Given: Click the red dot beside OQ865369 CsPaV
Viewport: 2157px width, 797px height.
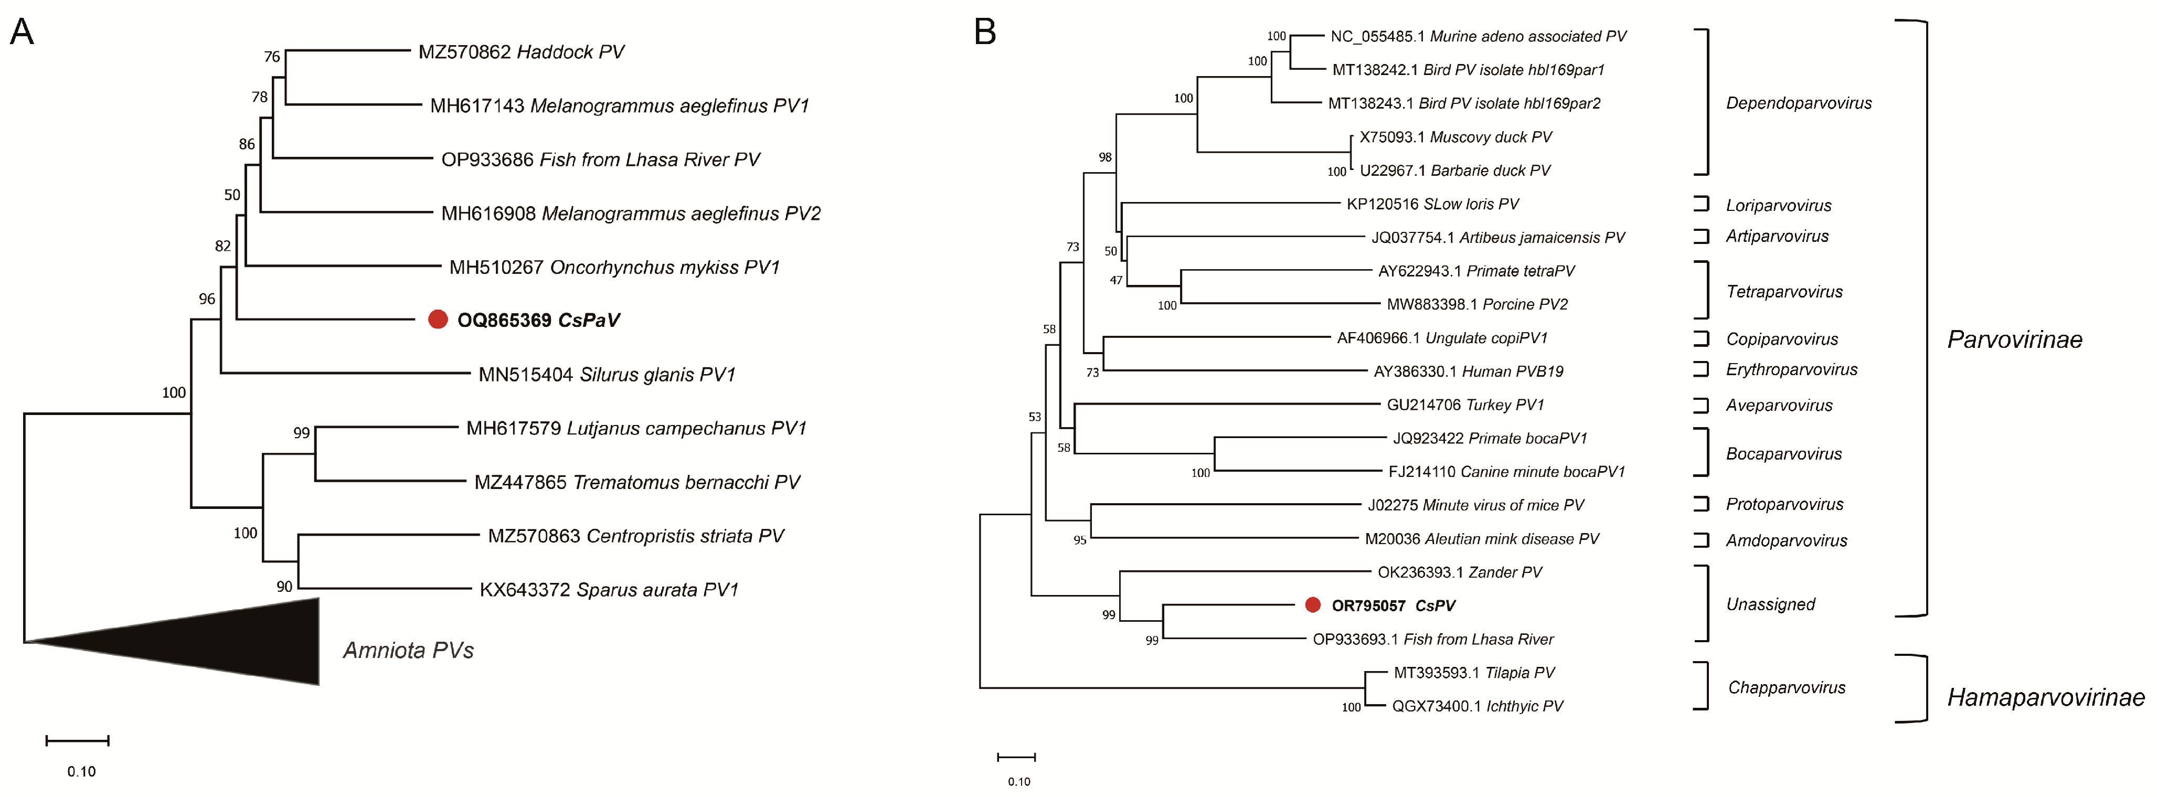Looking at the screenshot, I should [437, 319].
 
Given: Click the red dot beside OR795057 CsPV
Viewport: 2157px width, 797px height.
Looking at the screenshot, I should [1312, 604].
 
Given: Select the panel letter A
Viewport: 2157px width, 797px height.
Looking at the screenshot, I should [21, 32].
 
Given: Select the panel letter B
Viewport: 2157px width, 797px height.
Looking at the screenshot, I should [985, 32].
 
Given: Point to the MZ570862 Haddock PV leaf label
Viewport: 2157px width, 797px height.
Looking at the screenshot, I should [521, 52].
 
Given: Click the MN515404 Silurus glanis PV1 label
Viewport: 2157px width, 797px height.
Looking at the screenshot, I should [606, 374].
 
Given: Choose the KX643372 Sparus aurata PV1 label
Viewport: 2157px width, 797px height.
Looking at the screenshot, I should [609, 589].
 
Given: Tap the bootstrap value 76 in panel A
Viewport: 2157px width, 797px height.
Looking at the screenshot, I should [271, 57].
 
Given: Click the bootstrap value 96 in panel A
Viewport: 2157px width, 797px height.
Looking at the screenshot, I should [207, 299].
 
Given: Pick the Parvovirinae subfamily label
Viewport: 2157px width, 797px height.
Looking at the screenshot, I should [2014, 339].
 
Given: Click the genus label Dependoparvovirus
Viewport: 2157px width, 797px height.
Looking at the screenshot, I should [1799, 103].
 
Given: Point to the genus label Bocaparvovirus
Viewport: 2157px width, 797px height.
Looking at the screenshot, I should [1783, 454].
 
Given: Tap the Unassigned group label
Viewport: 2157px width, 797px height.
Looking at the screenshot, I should [1770, 604].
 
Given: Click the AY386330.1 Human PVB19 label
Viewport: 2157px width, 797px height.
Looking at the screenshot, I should [1468, 371].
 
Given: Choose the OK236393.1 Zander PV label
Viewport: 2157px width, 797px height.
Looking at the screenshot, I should [1460, 572].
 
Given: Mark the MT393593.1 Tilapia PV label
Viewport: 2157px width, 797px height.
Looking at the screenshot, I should [1474, 672].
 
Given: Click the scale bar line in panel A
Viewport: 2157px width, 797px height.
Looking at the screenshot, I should [78, 740].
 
